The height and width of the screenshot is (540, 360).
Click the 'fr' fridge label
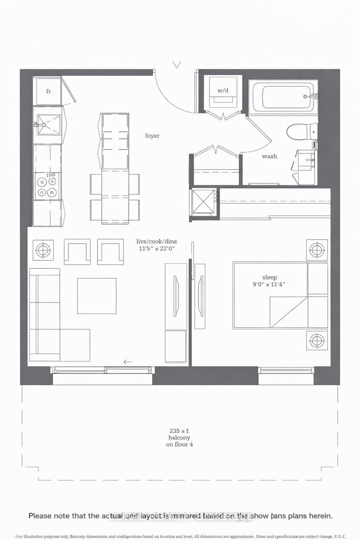tap(49, 91)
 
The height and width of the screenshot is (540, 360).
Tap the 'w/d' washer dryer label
tap(223, 90)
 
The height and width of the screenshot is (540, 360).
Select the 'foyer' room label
tap(152, 136)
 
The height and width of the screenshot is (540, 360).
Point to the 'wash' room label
tap(269, 156)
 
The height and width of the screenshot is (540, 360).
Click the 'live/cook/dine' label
tap(156, 242)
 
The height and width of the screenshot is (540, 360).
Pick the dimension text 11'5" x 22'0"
tap(157, 249)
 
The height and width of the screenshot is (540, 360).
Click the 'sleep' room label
tap(269, 277)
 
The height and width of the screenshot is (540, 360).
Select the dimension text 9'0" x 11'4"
tap(269, 284)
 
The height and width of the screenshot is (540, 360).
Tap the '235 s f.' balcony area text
tap(179, 431)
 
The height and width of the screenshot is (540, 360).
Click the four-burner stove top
tap(47, 187)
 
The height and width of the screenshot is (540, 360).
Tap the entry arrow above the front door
tap(177, 65)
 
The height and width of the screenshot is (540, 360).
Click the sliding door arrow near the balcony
tap(127, 362)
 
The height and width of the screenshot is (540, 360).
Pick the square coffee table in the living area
tap(97, 296)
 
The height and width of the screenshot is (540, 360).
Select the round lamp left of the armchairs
tap(43, 250)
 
